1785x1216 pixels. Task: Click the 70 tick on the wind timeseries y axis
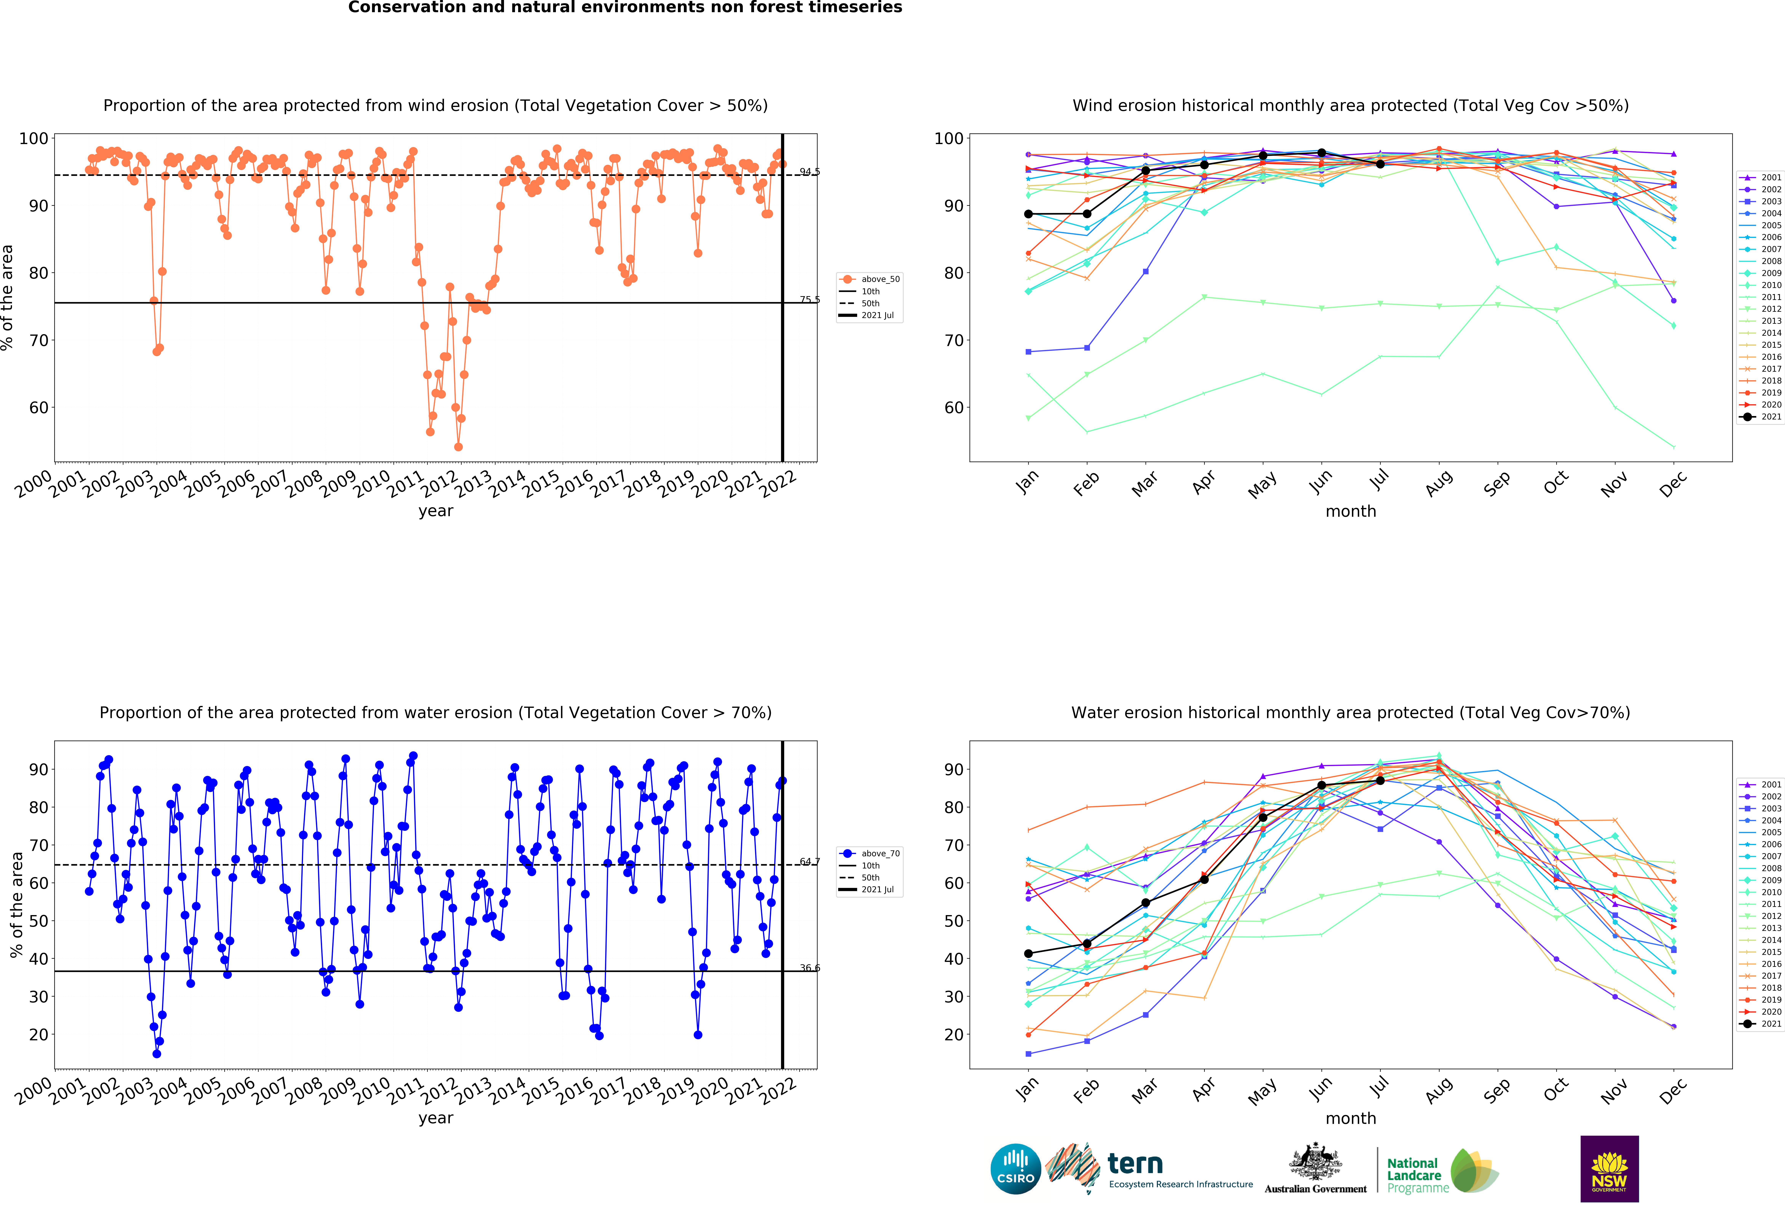pos(38,340)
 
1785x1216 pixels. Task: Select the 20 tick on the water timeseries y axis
pos(38,1034)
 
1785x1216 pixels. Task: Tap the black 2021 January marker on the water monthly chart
pos(1028,954)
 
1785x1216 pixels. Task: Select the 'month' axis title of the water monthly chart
pos(1350,1119)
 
